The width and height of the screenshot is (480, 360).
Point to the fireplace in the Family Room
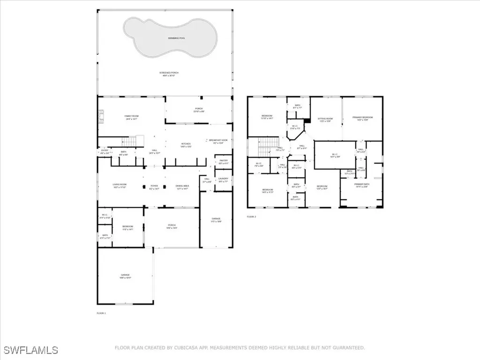tap(100, 116)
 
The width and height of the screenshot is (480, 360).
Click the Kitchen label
tap(186, 145)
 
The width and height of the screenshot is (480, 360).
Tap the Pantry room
tap(223, 162)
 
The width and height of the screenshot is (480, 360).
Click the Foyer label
tap(154, 187)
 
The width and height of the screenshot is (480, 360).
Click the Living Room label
tap(120, 186)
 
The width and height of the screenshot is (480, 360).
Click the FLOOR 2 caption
tap(252, 217)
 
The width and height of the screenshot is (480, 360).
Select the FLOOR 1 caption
tap(101, 313)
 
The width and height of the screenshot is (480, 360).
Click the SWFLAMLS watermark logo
tap(29, 350)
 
